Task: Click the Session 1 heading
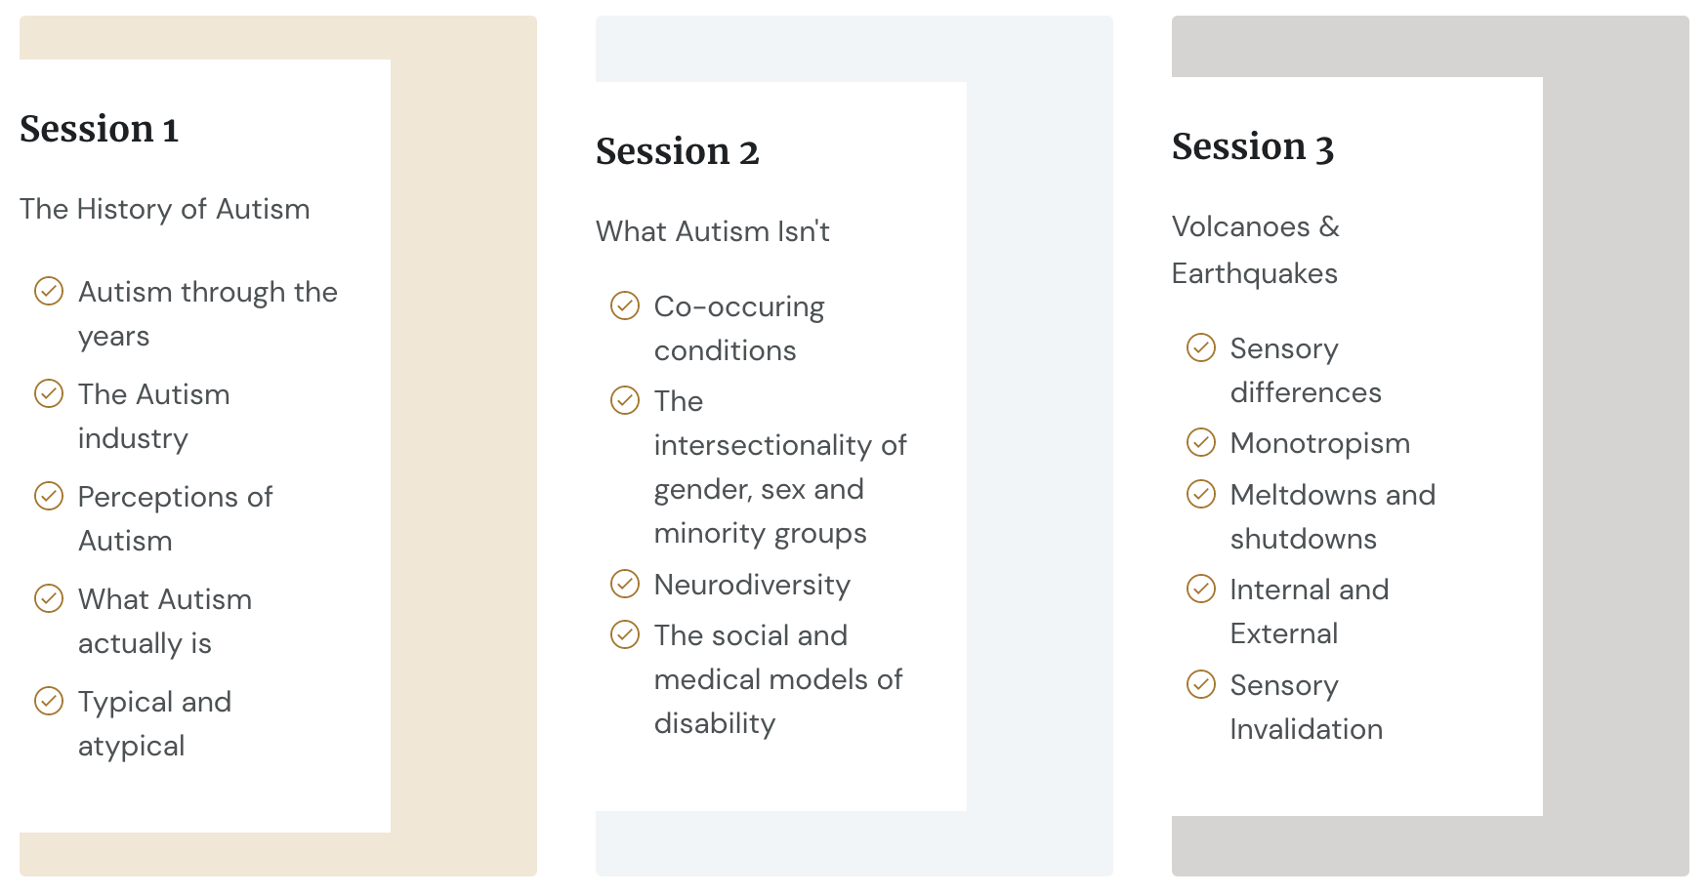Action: pyautogui.click(x=99, y=129)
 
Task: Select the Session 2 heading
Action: pyautogui.click(x=677, y=151)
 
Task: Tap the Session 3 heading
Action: pyautogui.click(x=1253, y=146)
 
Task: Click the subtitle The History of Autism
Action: pyautogui.click(x=164, y=209)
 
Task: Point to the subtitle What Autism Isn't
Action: pyautogui.click(x=713, y=231)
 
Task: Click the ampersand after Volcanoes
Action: pyautogui.click(x=1329, y=226)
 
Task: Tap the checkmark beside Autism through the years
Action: pyautogui.click(x=49, y=291)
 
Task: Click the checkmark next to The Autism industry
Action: pyautogui.click(x=49, y=393)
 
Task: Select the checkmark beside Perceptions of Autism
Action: pyautogui.click(x=49, y=496)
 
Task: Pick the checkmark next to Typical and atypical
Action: pyautogui.click(x=49, y=701)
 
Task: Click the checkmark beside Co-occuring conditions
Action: pyautogui.click(x=625, y=305)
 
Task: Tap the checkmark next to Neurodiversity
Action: pyautogui.click(x=625, y=584)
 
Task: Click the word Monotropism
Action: pyautogui.click(x=1320, y=444)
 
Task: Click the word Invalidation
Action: pyautogui.click(x=1307, y=729)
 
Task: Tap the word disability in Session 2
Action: pyautogui.click(x=715, y=724)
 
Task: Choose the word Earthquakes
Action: pyautogui.click(x=1255, y=274)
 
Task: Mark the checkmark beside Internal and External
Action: pyautogui.click(x=1201, y=589)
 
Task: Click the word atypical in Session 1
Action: pyautogui.click(x=132, y=747)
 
